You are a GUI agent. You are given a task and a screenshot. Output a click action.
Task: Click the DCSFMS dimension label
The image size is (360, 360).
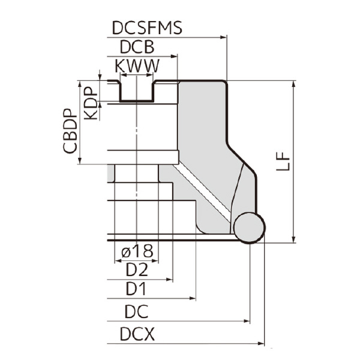(x=147, y=28)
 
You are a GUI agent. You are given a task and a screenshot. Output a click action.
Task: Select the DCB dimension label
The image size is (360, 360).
(x=137, y=47)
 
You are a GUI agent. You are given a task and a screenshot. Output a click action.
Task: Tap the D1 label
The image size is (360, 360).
(x=136, y=290)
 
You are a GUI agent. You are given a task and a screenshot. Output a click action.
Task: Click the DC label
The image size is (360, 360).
(x=136, y=312)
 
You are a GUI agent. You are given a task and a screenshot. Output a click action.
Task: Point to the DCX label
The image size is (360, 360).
(x=136, y=334)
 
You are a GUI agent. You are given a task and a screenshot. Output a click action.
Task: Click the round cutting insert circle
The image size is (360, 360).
(x=248, y=227)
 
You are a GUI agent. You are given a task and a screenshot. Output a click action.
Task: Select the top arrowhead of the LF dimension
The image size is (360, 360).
(x=293, y=85)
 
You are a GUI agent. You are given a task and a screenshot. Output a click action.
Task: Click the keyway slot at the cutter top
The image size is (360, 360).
(x=136, y=91)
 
